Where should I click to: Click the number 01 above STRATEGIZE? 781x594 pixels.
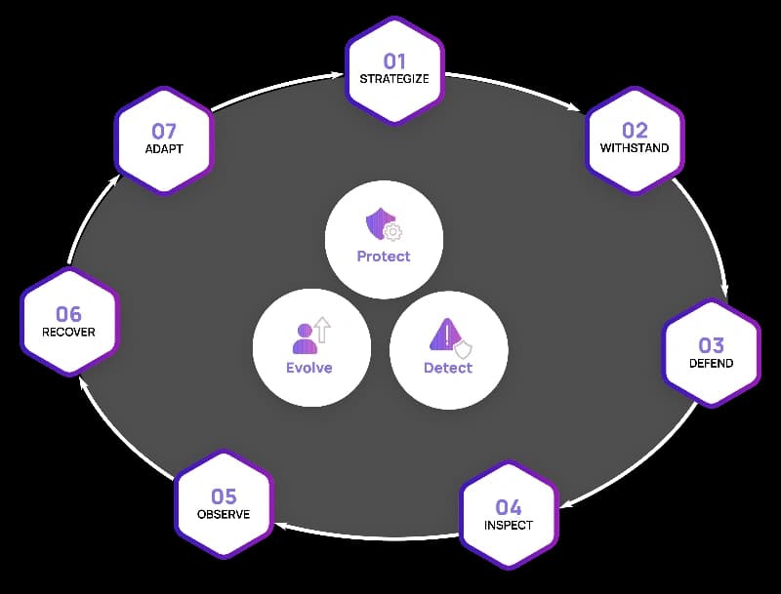394,61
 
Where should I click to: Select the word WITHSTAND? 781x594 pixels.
634,147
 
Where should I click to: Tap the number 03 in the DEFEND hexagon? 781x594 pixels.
711,344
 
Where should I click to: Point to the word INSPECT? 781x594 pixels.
508,525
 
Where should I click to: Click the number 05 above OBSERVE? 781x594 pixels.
224,496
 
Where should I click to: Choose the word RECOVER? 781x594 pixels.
68,332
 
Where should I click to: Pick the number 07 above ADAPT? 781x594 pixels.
164,131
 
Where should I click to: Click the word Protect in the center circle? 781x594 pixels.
384,257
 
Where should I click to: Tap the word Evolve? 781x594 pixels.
309,368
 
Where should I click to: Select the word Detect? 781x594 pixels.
448,368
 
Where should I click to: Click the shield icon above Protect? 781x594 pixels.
384,224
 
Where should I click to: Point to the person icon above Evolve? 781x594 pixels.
311,336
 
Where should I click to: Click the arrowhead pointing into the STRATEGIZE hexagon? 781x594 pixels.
338,76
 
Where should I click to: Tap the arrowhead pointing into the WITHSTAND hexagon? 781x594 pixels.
575,107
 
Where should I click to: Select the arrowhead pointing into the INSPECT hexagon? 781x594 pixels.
566,504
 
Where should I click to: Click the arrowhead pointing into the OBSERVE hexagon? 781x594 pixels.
280,526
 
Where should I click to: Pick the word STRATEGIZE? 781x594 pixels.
394,79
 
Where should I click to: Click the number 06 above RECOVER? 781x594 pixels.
68,314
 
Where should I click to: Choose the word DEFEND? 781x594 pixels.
711,363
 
